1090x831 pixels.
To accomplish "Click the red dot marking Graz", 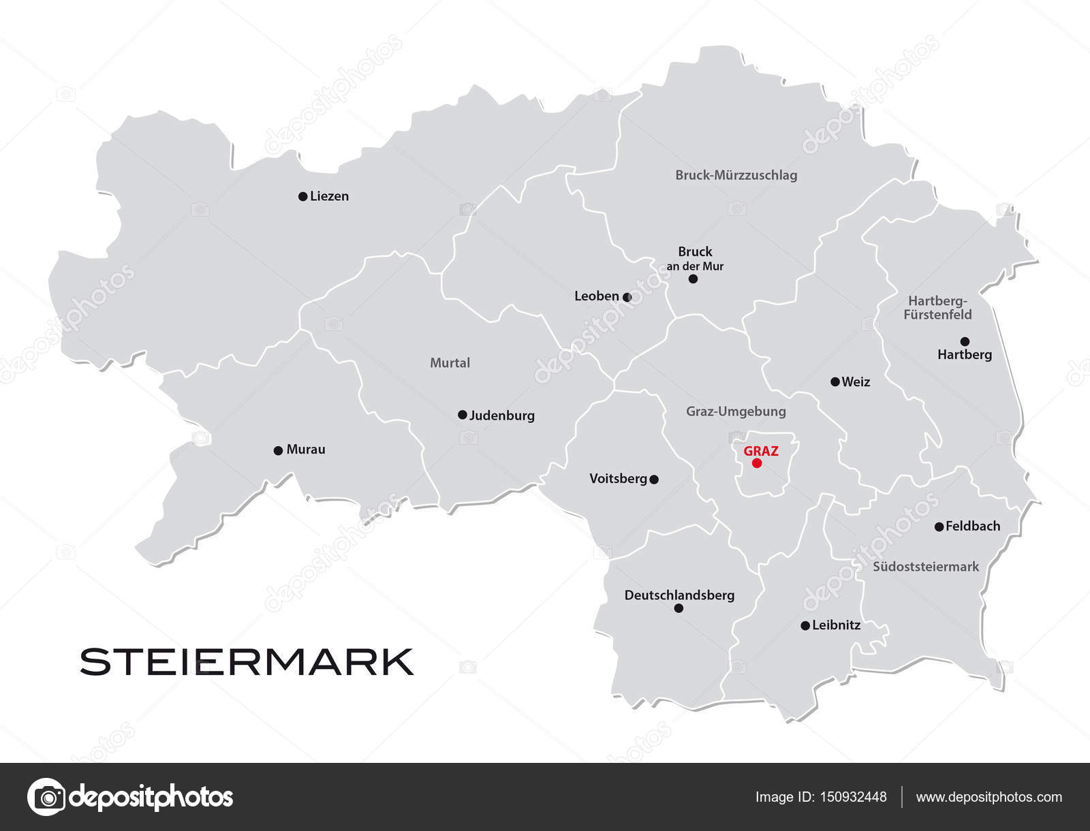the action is [x=756, y=463].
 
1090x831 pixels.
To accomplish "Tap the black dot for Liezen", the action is [x=302, y=197].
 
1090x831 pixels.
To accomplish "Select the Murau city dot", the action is [x=278, y=450].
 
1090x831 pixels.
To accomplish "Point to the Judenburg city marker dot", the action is [x=462, y=415].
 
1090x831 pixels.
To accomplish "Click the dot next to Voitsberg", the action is [x=654, y=480].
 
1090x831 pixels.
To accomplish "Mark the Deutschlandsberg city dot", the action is [x=679, y=608].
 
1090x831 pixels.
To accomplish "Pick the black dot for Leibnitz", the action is [x=805, y=625].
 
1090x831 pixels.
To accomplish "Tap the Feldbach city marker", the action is [x=939, y=527].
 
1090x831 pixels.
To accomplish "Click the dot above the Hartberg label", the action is [x=965, y=341].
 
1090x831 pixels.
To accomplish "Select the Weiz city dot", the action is [x=835, y=382].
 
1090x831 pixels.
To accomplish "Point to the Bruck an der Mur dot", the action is [x=693, y=279].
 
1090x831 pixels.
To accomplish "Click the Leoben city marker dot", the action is [x=627, y=297].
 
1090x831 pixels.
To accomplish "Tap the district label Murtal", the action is [x=450, y=363].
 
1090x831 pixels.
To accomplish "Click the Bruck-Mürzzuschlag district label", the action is [x=736, y=175].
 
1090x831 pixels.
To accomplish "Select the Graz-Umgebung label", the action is [x=736, y=411].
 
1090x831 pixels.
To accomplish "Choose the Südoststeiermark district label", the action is [x=926, y=567].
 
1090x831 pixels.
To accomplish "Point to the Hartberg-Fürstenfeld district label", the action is [x=937, y=308].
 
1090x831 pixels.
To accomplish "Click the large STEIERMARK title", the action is [x=247, y=661].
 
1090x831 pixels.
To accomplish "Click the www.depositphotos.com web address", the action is [x=988, y=797].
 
